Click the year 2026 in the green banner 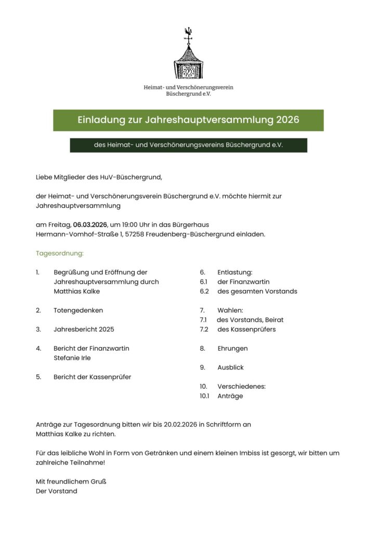tap(288, 120)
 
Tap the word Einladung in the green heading tap(101, 120)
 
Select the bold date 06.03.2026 tap(90, 224)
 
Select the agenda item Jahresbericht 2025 tap(84, 329)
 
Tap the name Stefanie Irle tap(72, 358)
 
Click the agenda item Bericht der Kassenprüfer tap(92, 377)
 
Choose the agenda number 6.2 tap(204, 291)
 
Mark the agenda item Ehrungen tap(232, 348)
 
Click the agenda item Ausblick tap(230, 367)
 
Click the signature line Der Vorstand tap(56, 491)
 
